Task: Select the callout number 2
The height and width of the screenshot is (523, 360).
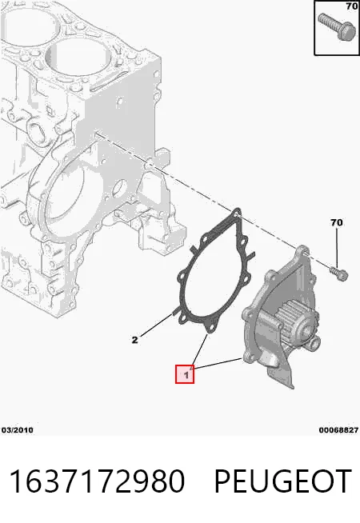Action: tap(134, 340)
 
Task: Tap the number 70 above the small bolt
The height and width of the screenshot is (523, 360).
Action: tap(336, 222)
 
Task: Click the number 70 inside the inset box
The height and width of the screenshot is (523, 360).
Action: tap(352, 6)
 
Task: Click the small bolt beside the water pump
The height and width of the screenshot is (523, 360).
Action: tap(339, 273)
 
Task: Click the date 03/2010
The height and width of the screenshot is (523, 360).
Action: tap(18, 430)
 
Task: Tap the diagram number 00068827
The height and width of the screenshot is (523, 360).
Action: tap(338, 430)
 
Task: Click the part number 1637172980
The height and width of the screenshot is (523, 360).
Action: tap(97, 481)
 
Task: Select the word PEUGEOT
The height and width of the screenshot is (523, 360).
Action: tap(282, 481)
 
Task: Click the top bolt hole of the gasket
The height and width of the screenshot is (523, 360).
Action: tap(237, 213)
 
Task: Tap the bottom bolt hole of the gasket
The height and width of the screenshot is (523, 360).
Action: tap(210, 329)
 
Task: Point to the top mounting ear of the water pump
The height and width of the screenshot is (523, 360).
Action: tap(302, 251)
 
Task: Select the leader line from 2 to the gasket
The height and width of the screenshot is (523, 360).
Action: tap(157, 324)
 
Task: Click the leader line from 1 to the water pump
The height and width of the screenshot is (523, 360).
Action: tap(217, 364)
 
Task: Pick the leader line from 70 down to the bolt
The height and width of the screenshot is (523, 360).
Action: tap(337, 248)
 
